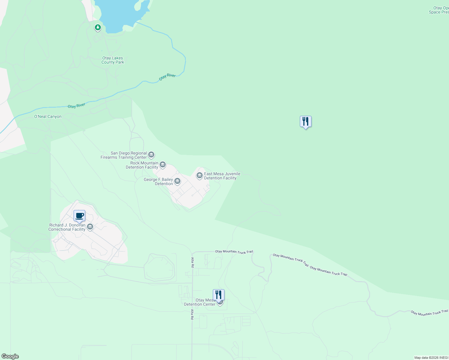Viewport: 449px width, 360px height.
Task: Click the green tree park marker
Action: pos(98,28)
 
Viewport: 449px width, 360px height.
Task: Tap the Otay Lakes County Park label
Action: pos(113,60)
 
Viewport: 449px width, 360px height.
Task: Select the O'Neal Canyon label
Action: pos(48,117)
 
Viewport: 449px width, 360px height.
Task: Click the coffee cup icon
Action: pos(80,216)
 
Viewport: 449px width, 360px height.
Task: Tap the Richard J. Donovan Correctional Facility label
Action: pos(67,227)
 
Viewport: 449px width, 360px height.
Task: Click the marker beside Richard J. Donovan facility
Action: pos(90,227)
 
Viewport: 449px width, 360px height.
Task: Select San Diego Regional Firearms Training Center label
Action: pos(124,155)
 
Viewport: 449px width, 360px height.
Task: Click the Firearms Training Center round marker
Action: pos(151,155)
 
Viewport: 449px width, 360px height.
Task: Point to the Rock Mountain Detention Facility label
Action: pos(142,165)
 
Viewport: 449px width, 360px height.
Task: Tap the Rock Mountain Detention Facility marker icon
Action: pos(163,164)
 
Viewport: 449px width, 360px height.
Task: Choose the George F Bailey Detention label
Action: pos(158,182)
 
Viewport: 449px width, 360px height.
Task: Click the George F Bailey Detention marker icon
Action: pos(177,181)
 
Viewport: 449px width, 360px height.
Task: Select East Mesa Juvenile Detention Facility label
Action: pos(222,176)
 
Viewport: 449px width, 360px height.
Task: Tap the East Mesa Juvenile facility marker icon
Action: pos(200,175)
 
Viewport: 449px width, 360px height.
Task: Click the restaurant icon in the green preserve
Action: pos(306,121)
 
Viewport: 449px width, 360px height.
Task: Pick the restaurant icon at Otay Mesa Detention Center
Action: pos(218,295)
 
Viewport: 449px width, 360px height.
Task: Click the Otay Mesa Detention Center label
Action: pos(200,302)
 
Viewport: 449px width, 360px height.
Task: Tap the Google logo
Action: pos(10,356)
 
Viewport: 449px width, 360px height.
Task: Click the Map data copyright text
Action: pos(431,358)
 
